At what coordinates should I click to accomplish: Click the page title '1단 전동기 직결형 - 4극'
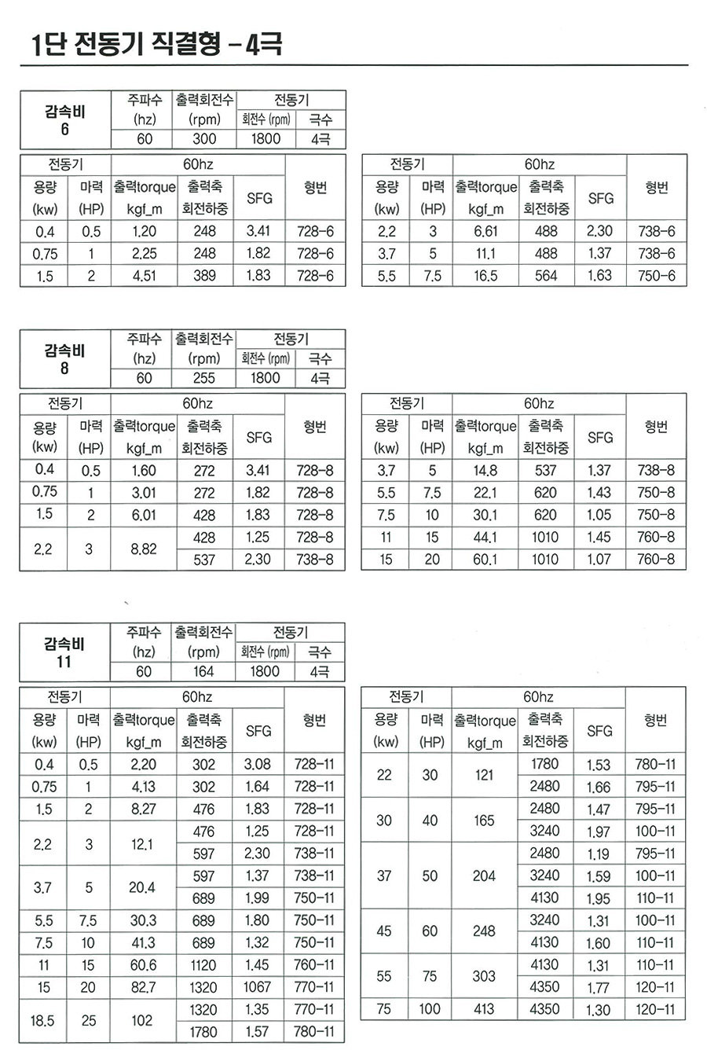click(156, 43)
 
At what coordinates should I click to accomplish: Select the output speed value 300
click(204, 139)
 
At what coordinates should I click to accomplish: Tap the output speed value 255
click(203, 378)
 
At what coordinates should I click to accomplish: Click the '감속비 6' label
click(64, 119)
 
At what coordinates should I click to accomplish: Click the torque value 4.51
click(144, 276)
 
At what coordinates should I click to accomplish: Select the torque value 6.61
click(485, 232)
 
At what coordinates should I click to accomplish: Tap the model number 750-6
click(656, 276)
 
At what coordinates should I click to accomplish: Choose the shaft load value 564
click(545, 276)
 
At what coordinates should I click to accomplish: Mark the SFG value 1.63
click(600, 276)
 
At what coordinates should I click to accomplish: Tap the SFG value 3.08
click(257, 764)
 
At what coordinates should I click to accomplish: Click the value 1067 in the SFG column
click(257, 987)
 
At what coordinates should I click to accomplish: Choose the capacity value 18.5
click(42, 1020)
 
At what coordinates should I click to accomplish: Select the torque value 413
click(484, 1009)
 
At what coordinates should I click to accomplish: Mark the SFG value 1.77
click(598, 987)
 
